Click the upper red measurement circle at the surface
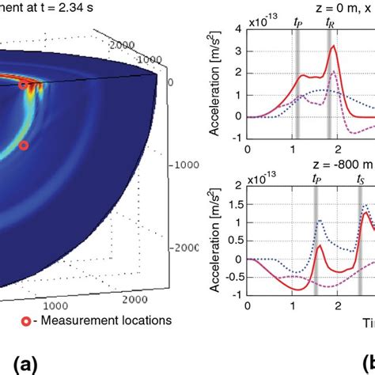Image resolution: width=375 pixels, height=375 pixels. tap(24, 84)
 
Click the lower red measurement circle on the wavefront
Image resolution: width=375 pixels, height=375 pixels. tap(24, 146)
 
